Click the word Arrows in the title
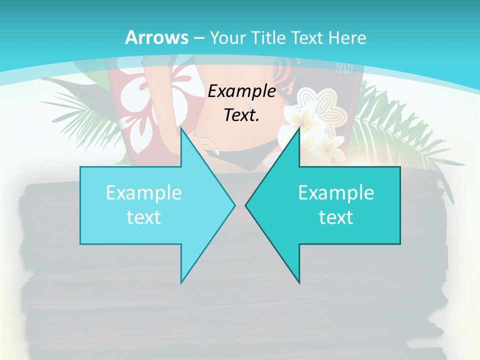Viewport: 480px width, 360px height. pyautogui.click(x=156, y=37)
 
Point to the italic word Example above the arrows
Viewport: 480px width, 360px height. pyautogui.click(x=241, y=91)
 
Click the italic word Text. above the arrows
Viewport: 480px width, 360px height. pyautogui.click(x=241, y=115)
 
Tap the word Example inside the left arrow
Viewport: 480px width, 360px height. pyautogui.click(x=144, y=193)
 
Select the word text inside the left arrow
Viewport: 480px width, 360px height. pyautogui.click(x=144, y=217)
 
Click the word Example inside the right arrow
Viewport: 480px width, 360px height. pyautogui.click(x=336, y=193)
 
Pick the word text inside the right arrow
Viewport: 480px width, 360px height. pyautogui.click(x=336, y=217)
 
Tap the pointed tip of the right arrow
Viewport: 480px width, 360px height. pyautogui.click(x=246, y=205)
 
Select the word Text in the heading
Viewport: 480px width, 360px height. pyautogui.click(x=307, y=37)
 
